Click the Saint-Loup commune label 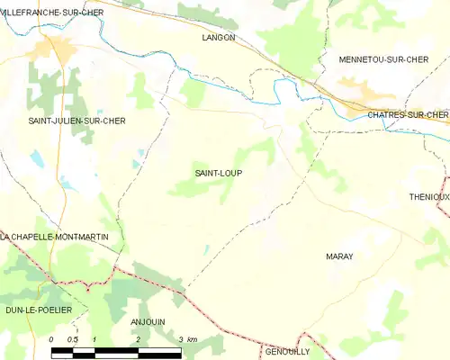[219, 173]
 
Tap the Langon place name [219, 38]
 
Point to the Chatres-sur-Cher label [407, 114]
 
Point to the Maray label [338, 256]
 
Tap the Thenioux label [428, 197]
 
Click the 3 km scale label [187, 339]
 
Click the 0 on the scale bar [52, 339]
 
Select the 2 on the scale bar [138, 339]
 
